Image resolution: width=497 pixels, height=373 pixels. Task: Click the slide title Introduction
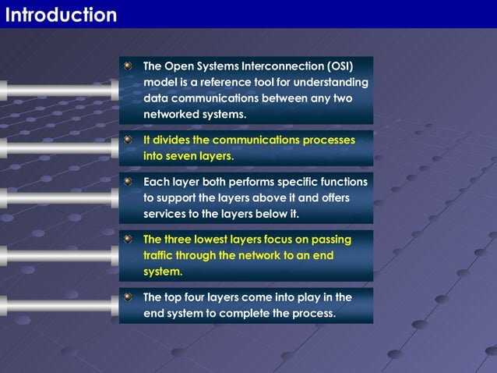coord(61,15)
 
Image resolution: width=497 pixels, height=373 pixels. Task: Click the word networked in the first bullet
coord(174,115)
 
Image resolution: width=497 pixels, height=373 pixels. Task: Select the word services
coord(168,214)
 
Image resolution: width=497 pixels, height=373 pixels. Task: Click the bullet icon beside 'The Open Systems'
coord(129,66)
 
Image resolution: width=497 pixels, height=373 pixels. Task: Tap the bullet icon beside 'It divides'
coord(129,140)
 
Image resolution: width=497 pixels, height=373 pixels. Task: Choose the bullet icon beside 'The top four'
coord(129,297)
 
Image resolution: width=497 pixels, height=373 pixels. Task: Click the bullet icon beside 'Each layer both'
coord(129,181)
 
